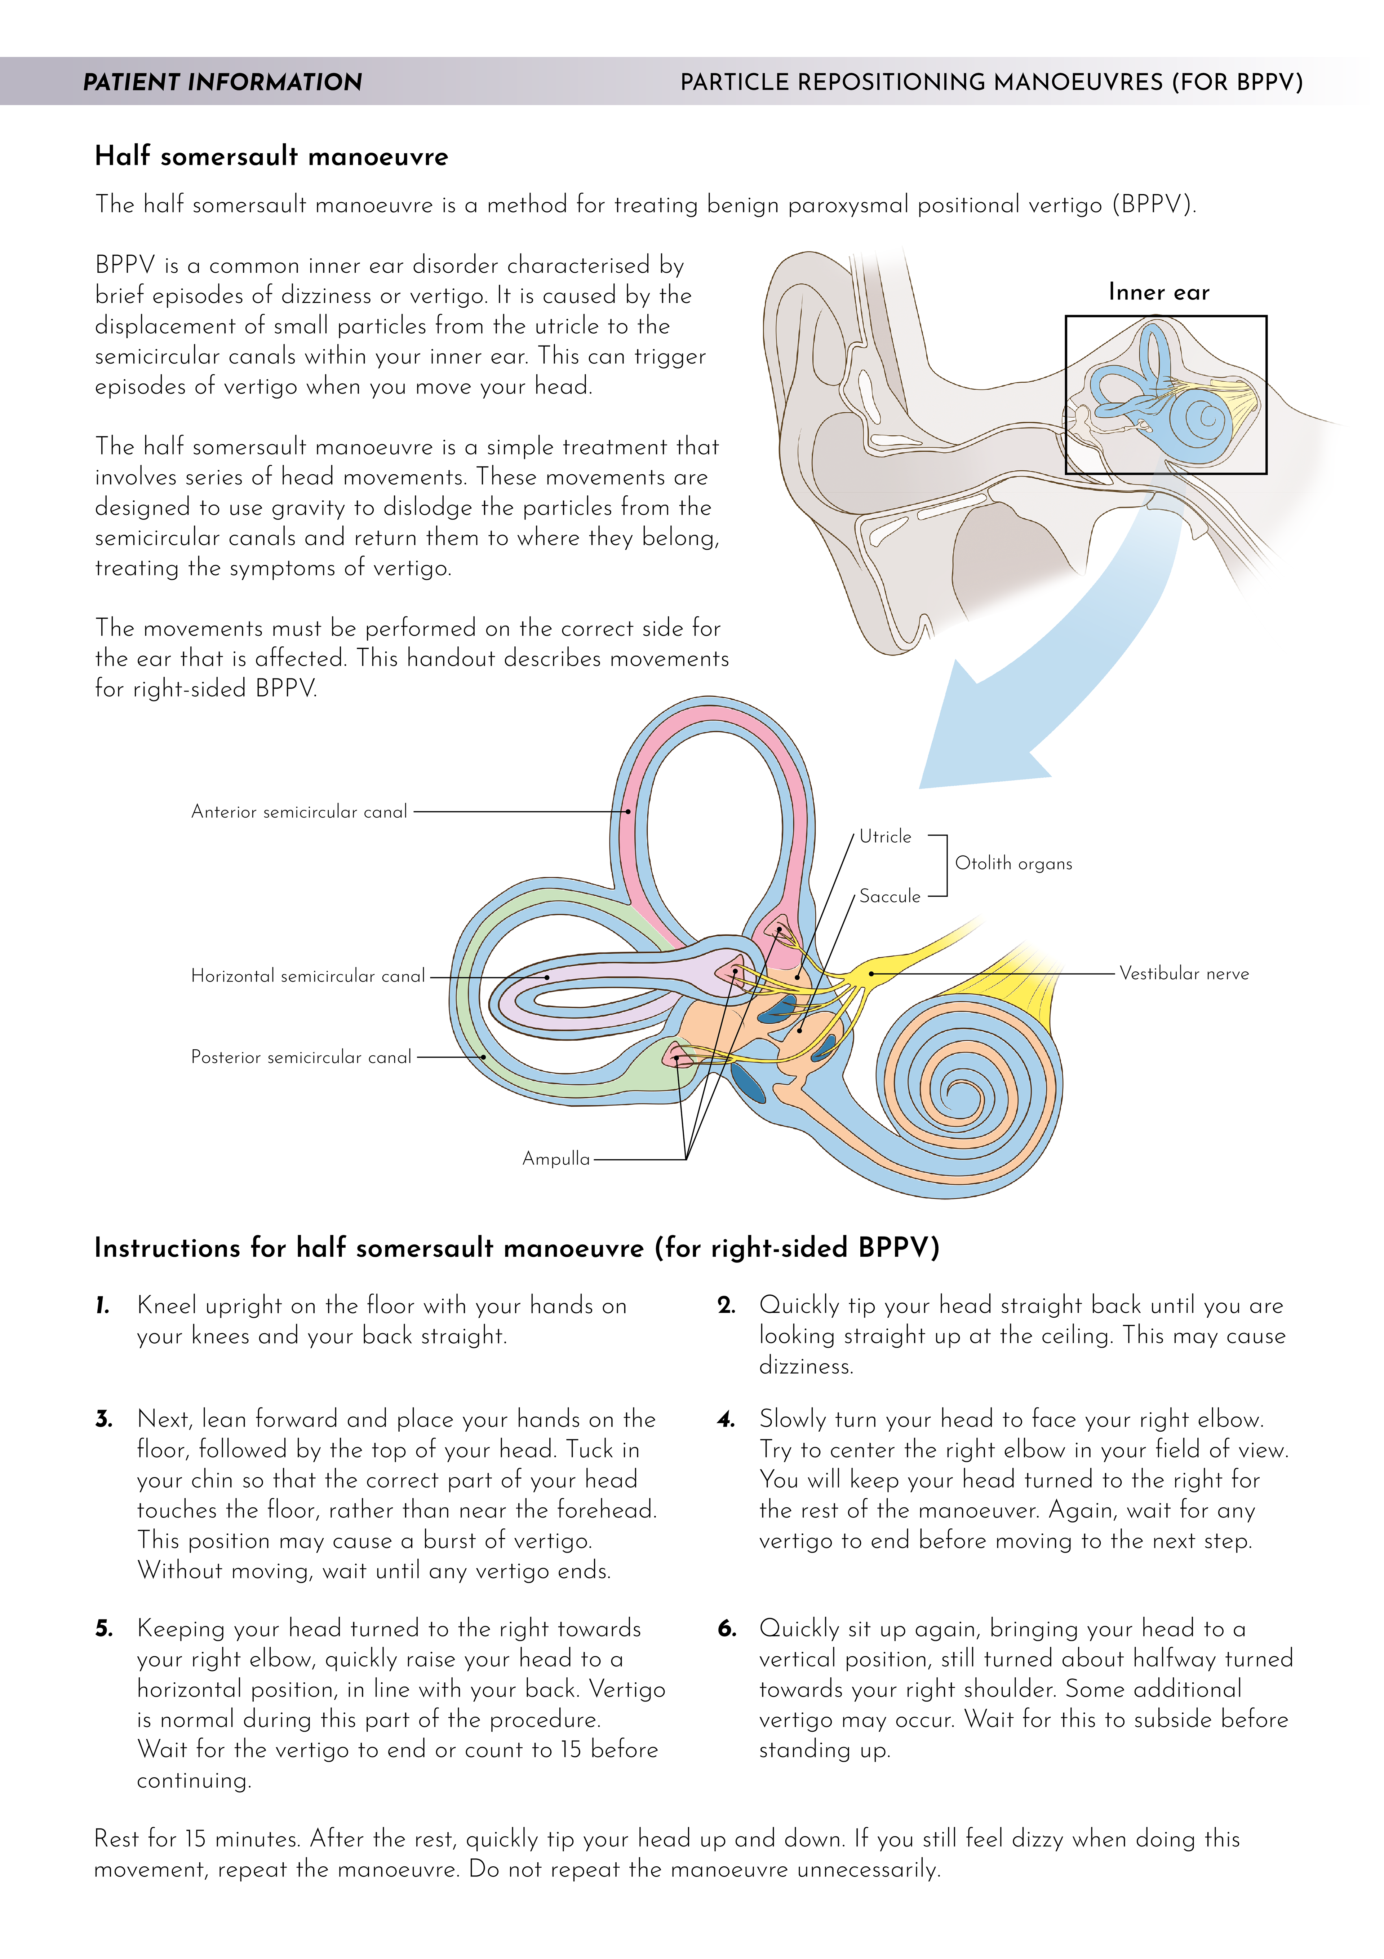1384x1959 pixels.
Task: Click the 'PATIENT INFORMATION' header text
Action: pos(223,82)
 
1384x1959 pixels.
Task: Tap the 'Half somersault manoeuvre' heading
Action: pos(271,156)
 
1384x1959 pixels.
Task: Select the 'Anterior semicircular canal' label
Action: pos(299,812)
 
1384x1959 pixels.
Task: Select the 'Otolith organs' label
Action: pos(1013,864)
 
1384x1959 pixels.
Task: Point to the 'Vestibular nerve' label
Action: pos(1184,974)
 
